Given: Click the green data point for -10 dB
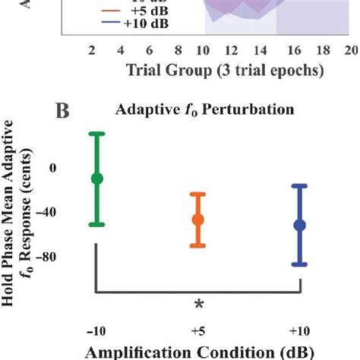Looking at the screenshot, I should (x=96, y=178).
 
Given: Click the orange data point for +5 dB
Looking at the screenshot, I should (x=198, y=219).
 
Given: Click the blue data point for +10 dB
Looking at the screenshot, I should (x=300, y=225).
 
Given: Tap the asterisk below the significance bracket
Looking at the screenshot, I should (x=198, y=305).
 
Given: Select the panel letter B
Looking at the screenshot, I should (x=63, y=112).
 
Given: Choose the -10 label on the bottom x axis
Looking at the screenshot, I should (x=96, y=331).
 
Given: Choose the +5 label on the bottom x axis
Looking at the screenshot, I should (x=198, y=331).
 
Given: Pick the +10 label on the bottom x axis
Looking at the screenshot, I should (x=300, y=331).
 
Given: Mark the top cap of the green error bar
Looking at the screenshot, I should (x=96, y=134).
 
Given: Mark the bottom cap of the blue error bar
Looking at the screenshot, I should (x=300, y=264).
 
